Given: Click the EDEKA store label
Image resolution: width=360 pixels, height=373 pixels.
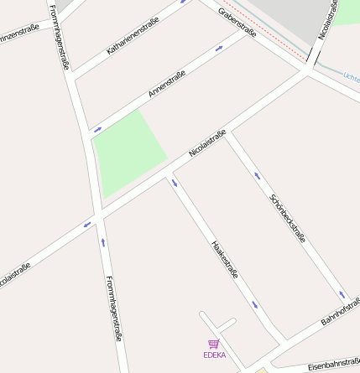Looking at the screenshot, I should click(214, 355).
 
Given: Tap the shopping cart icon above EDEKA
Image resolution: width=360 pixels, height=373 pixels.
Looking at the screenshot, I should click(214, 344).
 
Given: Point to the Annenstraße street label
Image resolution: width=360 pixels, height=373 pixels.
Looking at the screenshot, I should click(166, 84).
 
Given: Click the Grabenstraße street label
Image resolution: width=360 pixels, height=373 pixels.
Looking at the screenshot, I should click(237, 22).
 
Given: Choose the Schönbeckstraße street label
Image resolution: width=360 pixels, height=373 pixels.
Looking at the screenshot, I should click(288, 219).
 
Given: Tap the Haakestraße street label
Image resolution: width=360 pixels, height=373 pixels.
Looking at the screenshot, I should click(225, 261).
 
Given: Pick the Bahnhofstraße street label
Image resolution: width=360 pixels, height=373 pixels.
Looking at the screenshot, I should click(341, 311).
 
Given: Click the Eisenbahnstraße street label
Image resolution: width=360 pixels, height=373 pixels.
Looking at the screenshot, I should click(333, 365).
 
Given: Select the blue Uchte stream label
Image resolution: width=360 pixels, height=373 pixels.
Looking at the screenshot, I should click(351, 77).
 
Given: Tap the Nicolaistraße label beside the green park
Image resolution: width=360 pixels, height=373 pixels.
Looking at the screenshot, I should click(207, 143).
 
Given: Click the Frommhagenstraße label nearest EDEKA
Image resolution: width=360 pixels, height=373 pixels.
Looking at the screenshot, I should click(114, 308).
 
